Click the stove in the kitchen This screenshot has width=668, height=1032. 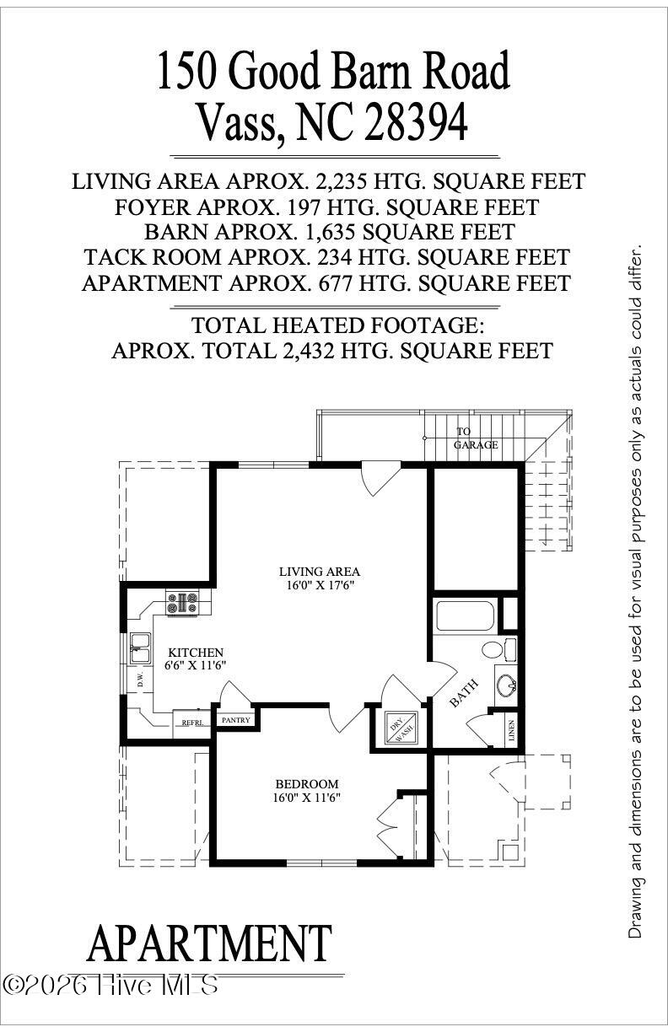click(182, 602)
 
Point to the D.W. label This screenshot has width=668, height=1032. click(140, 680)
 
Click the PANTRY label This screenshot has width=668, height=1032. click(235, 720)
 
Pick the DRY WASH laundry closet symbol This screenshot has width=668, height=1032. click(399, 727)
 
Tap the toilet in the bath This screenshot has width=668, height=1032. click(495, 650)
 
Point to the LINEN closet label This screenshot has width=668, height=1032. click(512, 730)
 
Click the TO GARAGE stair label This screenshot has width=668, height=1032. click(476, 438)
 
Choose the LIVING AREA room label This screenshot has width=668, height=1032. click(314, 571)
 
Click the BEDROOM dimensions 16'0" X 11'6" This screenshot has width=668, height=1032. click(307, 797)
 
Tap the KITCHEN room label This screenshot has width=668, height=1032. click(196, 652)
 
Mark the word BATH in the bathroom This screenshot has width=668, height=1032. click(463, 693)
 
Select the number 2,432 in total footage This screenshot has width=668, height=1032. click(310, 351)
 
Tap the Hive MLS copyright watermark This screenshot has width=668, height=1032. click(111, 984)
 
